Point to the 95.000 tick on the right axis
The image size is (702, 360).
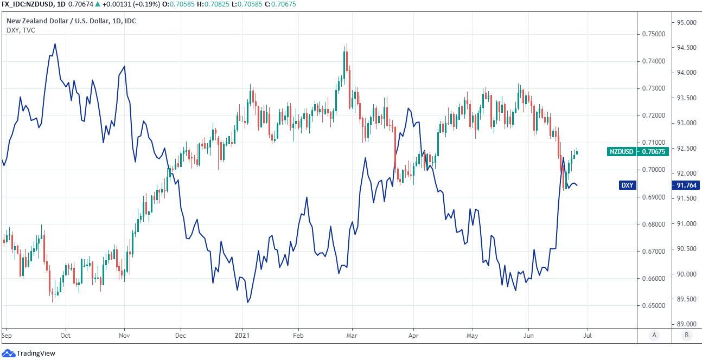(686, 23)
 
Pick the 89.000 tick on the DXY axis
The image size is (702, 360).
(686, 324)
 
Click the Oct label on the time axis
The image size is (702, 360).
(66, 336)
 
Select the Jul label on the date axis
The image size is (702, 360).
(588, 336)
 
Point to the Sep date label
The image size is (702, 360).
(6, 336)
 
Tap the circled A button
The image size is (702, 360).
(654, 336)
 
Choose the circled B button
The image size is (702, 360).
(687, 336)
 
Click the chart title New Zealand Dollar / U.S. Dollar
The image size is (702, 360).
(71, 21)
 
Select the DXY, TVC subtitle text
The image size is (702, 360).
(21, 30)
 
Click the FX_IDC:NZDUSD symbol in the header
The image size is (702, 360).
(25, 4)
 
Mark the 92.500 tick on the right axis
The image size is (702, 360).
(686, 148)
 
